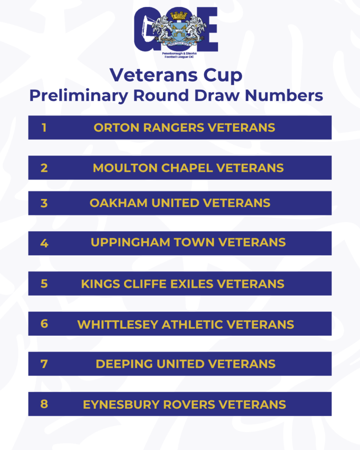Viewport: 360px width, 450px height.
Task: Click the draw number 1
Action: point(44,128)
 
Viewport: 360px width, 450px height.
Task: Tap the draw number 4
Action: point(44,243)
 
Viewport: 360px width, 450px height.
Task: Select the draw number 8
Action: point(44,404)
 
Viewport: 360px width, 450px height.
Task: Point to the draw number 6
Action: point(44,324)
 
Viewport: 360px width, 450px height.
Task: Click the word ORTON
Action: point(116,128)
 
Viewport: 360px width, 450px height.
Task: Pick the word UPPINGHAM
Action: point(131,243)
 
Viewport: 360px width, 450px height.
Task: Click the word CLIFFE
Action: point(145,284)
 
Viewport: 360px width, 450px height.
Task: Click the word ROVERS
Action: point(189,405)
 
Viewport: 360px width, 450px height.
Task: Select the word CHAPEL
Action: point(187,168)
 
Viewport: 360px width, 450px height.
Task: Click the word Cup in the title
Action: point(223,76)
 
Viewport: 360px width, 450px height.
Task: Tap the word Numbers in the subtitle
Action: point(284,95)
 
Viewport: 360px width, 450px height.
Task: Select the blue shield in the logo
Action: point(178,31)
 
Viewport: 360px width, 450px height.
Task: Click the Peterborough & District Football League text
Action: point(179,55)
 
